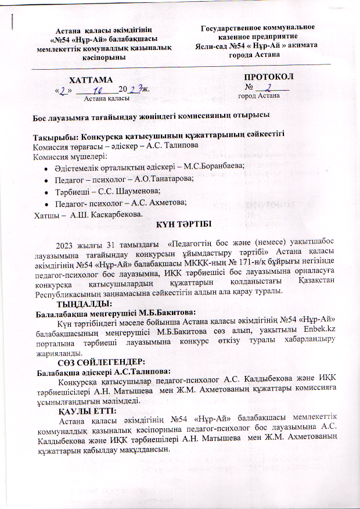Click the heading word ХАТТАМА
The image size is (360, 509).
(91, 80)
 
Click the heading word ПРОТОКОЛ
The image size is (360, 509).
(268, 77)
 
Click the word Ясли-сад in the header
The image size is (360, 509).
(213, 46)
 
